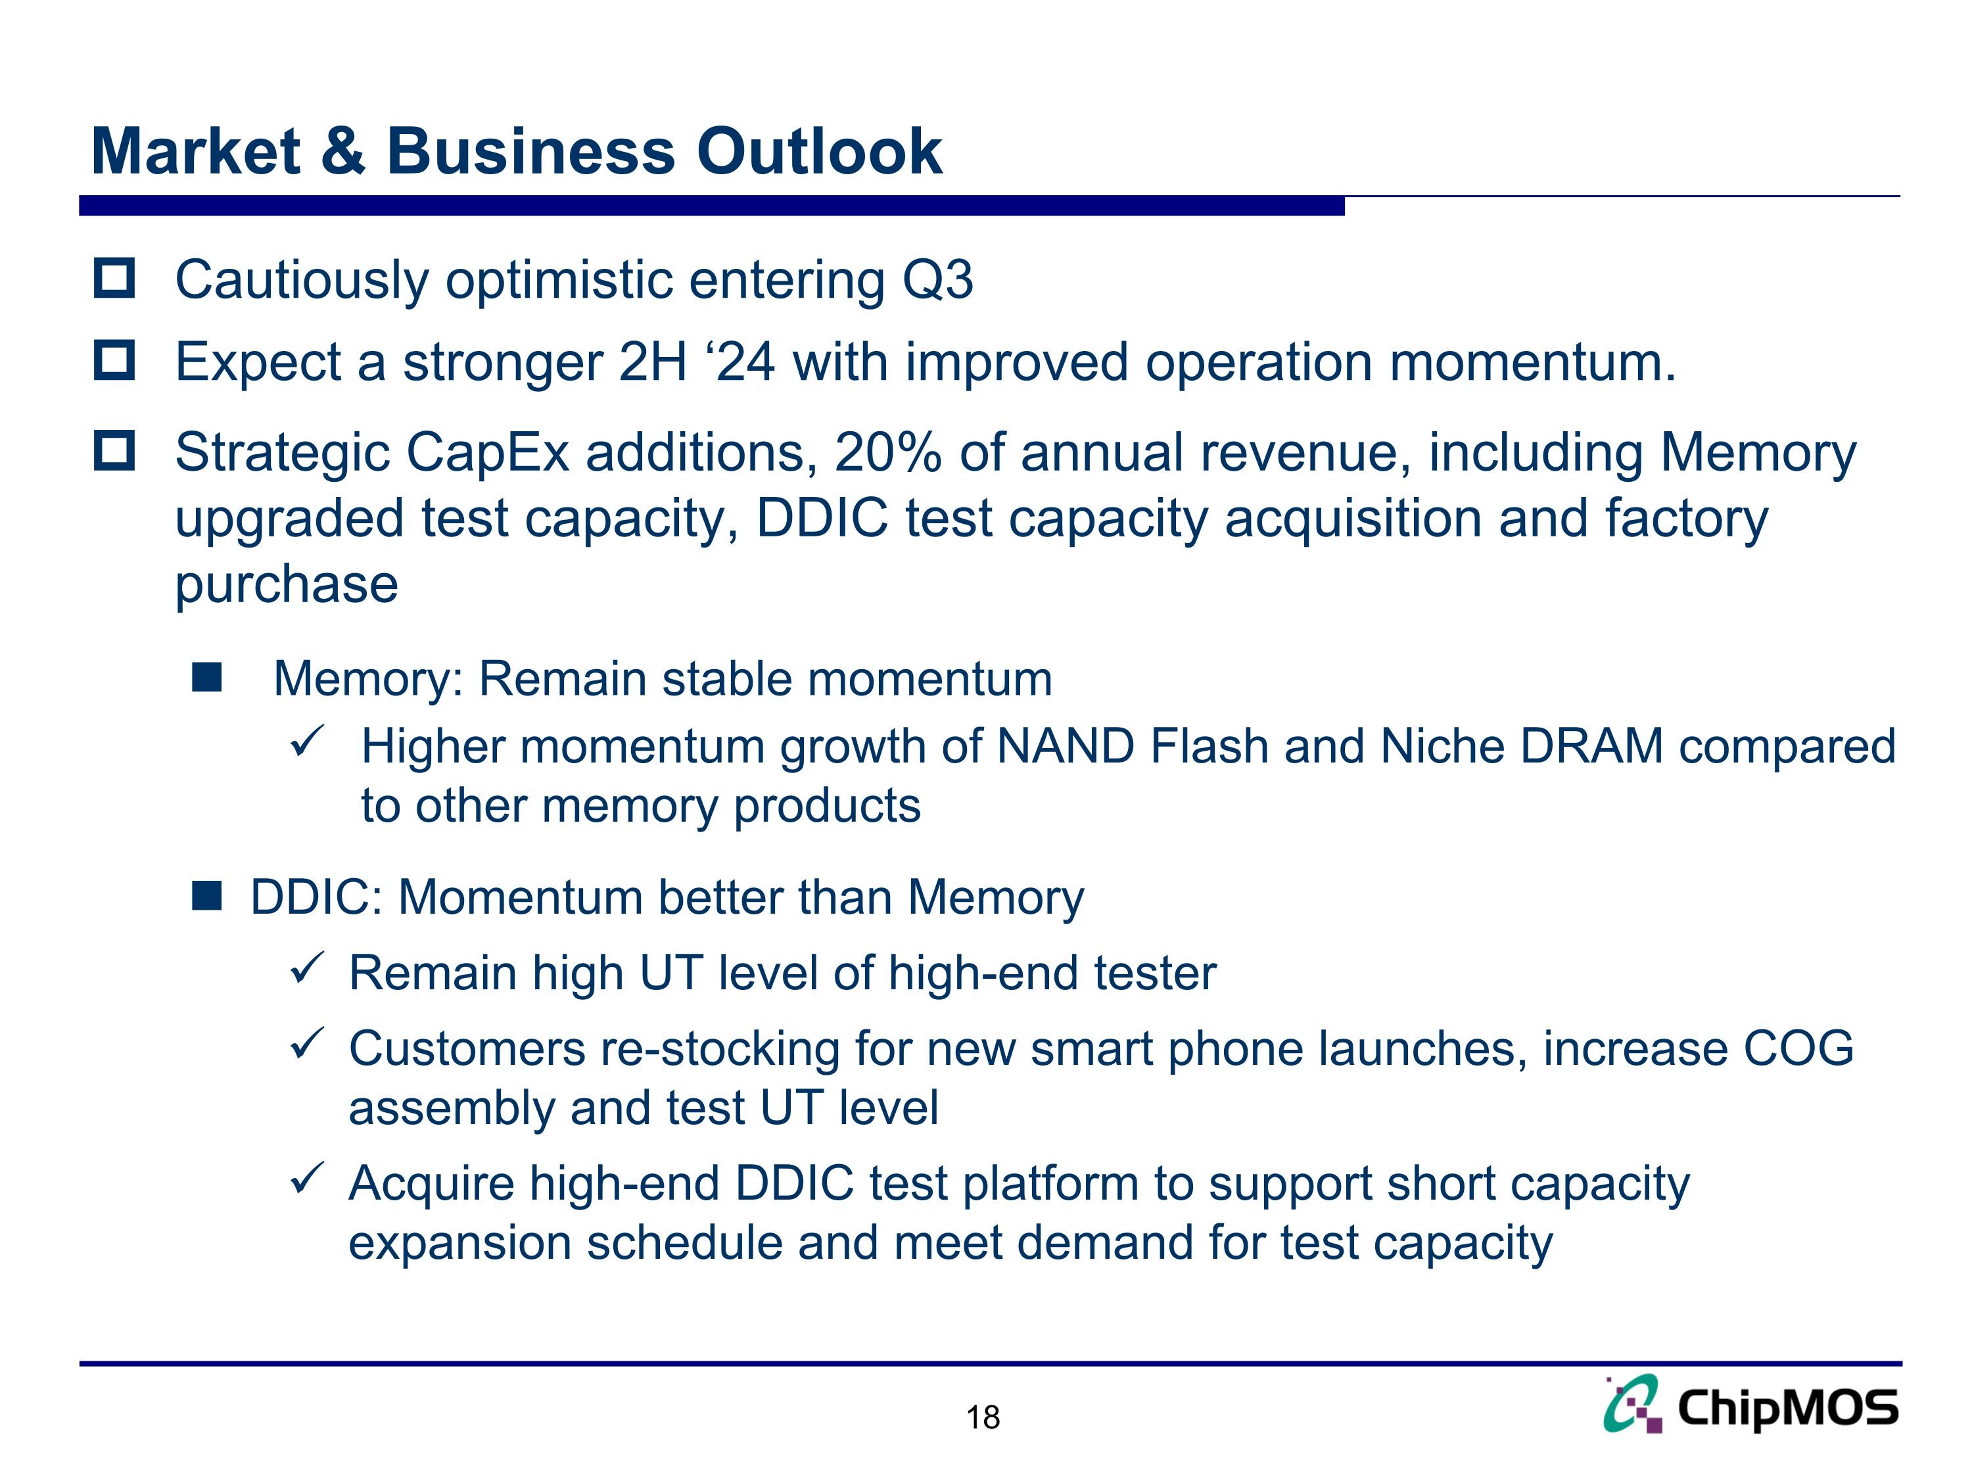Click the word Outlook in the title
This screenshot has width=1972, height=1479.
[x=818, y=152]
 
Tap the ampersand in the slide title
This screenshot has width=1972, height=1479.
[x=342, y=152]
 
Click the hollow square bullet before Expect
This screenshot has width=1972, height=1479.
[x=114, y=360]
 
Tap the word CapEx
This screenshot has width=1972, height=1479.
[x=488, y=453]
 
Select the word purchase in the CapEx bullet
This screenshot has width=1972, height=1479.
[x=286, y=585]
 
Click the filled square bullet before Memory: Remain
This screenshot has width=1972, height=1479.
[x=206, y=678]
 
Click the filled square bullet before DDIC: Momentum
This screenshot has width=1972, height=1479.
[x=206, y=896]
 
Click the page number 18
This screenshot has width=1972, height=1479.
[x=983, y=1417]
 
